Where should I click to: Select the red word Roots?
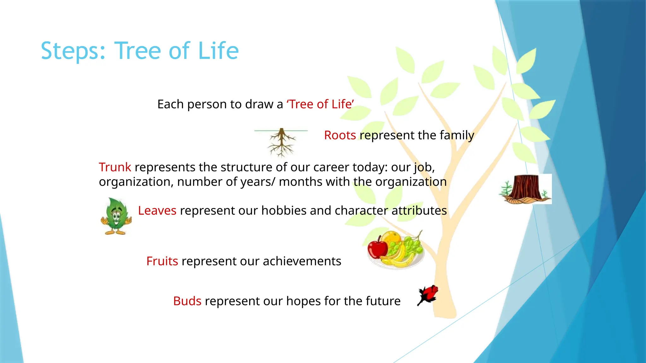coord(340,135)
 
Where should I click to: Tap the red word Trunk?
coord(115,167)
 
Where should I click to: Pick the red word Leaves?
coord(157,210)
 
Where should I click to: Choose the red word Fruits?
coord(162,261)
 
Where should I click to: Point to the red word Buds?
coord(187,301)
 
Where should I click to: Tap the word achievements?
coord(302,261)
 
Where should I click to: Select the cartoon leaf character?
coord(116,216)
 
